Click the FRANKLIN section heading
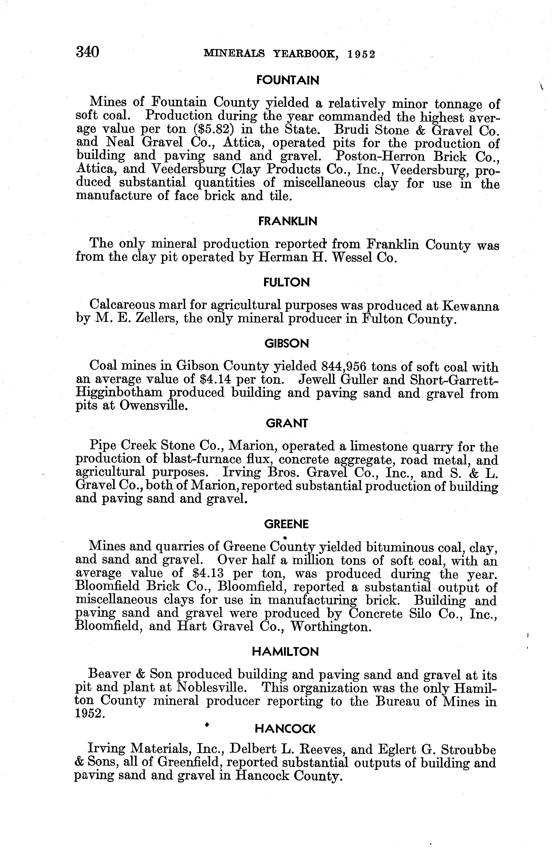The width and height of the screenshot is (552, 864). [288, 222]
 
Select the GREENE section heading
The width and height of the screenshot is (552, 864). [286, 525]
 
